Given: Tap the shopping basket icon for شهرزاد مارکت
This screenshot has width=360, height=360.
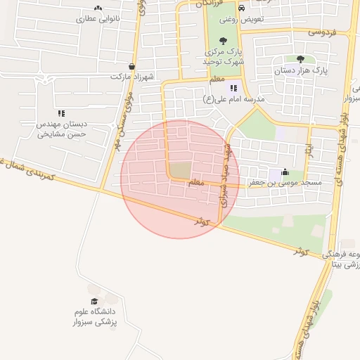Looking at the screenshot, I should point(131,66).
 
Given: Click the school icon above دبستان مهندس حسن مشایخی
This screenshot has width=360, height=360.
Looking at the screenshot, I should point(61,112).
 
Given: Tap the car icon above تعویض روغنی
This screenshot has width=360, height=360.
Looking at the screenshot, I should point(242,8).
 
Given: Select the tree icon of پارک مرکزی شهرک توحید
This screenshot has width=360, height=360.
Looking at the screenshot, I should point(223,41).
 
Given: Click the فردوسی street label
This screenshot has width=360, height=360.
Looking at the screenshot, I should point(323,32).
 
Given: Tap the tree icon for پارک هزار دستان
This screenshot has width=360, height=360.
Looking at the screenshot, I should point(301,59).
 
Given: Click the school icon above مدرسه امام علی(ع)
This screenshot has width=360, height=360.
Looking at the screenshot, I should point(233,88).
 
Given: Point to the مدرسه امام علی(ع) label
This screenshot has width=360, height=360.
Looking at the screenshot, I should point(233,99).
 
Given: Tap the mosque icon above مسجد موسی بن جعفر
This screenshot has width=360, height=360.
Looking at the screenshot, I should point(284,172).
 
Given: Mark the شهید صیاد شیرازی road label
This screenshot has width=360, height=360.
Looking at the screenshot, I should point(224,184).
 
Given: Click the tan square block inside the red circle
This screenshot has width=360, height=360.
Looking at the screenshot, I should point(181,169).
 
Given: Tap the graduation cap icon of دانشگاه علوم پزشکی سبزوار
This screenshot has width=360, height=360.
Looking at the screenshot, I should point(94,301).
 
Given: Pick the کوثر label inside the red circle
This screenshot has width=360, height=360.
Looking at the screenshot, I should point(203,221).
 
